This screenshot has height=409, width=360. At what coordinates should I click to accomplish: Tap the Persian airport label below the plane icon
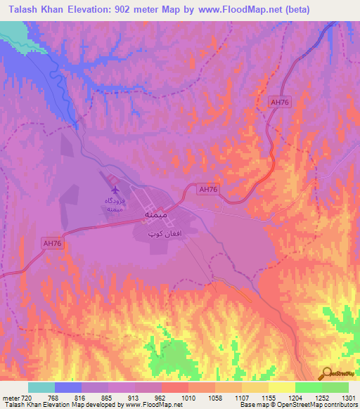(115, 204)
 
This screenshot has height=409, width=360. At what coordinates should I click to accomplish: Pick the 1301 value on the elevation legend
(348, 398)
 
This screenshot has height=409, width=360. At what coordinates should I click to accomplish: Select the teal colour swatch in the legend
(41, 387)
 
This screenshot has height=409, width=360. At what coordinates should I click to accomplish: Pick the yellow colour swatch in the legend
(282, 387)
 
